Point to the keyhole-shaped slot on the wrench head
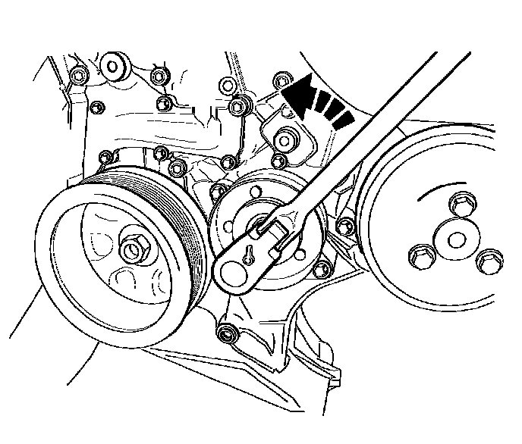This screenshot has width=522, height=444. coord(248,258)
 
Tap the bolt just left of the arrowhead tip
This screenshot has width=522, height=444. coord(281,79)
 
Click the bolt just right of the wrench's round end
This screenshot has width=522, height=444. coord(322,267)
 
